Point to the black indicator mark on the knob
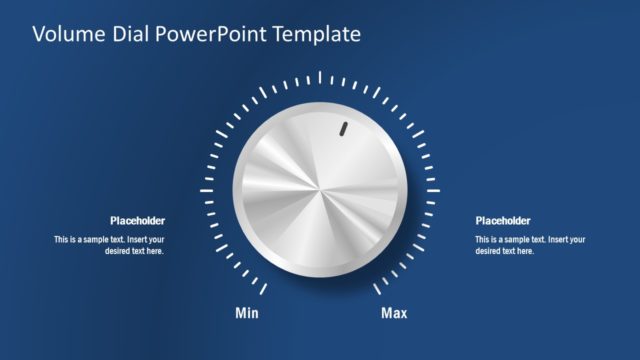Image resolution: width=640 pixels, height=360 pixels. [x=342, y=129]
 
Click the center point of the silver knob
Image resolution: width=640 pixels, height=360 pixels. [x=320, y=190]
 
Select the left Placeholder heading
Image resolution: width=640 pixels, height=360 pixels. [x=137, y=221]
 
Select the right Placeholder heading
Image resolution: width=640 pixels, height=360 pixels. [x=503, y=221]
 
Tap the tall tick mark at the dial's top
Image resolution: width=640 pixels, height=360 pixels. [x=320, y=77]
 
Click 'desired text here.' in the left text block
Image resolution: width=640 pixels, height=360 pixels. [x=134, y=251]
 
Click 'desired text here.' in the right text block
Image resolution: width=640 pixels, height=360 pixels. [x=505, y=251]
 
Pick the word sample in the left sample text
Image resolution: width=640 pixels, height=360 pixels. [x=99, y=240]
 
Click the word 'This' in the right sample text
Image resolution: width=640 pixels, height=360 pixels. [x=483, y=240]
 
